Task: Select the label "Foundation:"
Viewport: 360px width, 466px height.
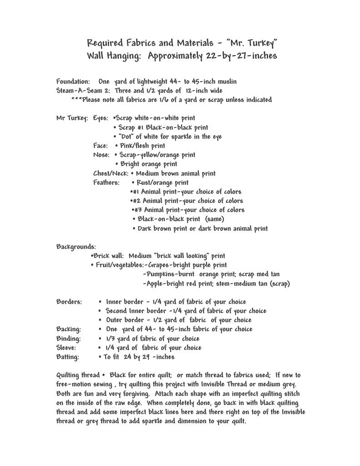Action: point(73,81)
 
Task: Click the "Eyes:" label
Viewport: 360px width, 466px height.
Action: point(101,118)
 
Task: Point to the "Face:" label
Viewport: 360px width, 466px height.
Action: point(100,146)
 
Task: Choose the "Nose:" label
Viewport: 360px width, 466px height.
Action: point(101,155)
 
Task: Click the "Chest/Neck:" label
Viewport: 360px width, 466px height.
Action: point(111,173)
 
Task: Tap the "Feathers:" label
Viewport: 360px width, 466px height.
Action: point(106,182)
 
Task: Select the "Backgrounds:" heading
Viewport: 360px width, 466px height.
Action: point(76,247)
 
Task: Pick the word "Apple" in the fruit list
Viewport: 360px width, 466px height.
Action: point(155,284)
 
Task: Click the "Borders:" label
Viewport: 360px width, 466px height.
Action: point(69,302)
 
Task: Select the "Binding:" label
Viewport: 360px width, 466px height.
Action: point(69,339)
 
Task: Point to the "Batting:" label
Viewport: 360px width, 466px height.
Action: point(68,357)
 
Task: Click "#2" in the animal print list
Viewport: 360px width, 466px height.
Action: point(136,201)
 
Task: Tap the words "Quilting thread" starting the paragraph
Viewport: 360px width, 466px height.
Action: point(77,375)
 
